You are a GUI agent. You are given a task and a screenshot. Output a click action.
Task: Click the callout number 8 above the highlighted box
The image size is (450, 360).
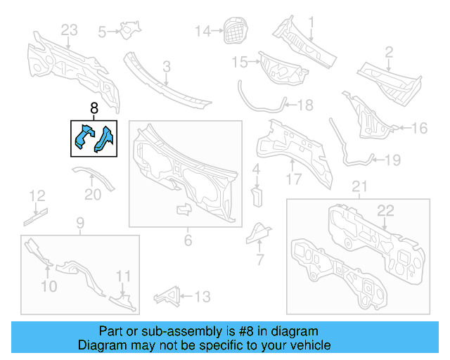[x=94, y=109]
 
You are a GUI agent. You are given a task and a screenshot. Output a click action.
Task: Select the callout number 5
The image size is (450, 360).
[x=102, y=31]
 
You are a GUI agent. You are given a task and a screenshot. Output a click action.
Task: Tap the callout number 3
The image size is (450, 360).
[x=166, y=67]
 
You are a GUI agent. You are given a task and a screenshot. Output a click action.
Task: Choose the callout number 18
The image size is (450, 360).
[x=304, y=105]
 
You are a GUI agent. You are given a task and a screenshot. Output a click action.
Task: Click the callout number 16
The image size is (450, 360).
[x=419, y=128]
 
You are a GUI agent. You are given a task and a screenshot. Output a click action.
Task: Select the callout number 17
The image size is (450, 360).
[x=293, y=179]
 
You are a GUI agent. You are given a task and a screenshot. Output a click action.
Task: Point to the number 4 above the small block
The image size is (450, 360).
[x=257, y=169]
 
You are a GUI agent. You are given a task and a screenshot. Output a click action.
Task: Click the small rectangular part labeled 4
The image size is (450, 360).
[x=257, y=193]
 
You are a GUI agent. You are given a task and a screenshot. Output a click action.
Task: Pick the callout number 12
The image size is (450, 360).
[x=37, y=195]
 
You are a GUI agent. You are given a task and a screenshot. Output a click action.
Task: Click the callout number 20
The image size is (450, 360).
[x=93, y=195]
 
